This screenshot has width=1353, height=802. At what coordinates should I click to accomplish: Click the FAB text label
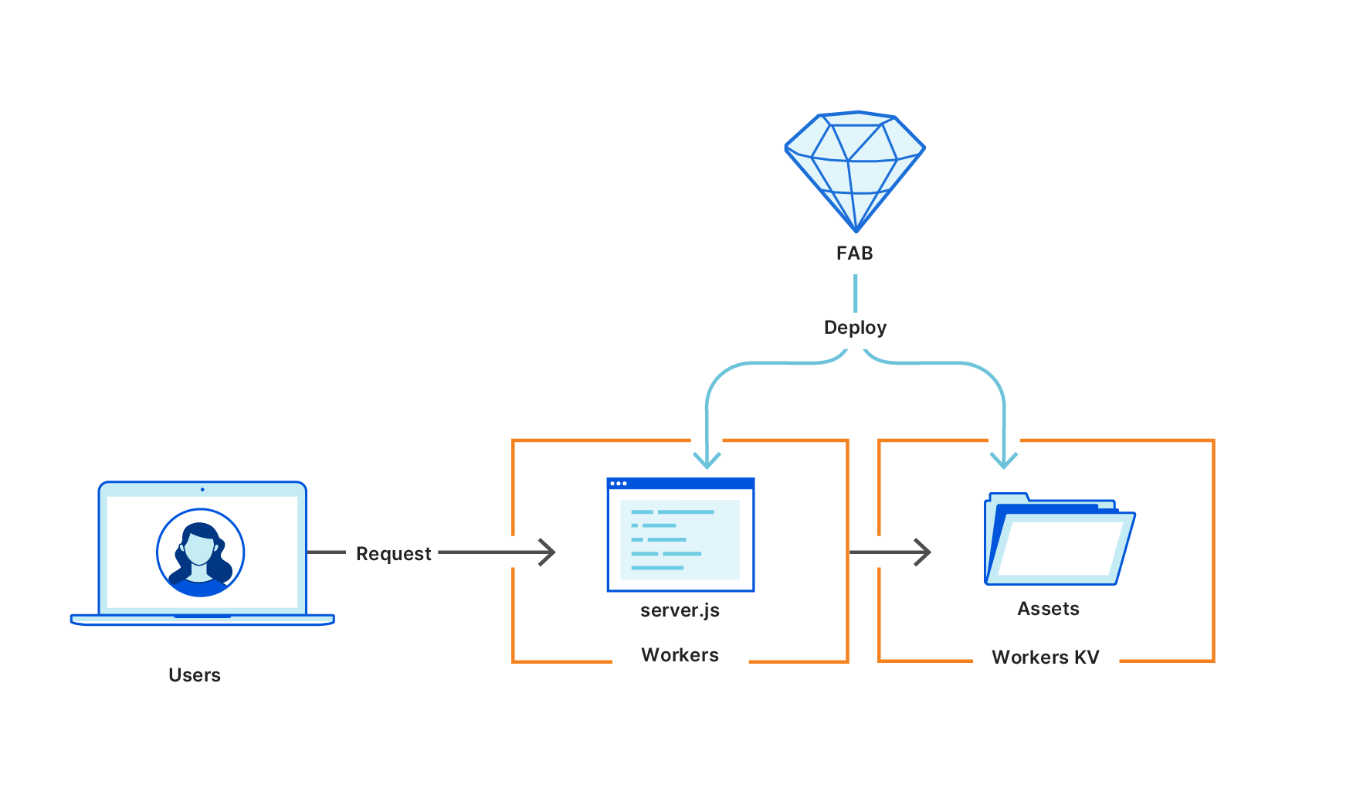(855, 253)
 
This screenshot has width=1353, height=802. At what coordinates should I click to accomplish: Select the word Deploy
(855, 328)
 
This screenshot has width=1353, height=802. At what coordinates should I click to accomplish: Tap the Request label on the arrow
(393, 554)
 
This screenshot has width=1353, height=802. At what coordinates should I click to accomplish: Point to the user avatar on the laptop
(201, 552)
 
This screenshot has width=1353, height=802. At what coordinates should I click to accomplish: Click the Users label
(195, 675)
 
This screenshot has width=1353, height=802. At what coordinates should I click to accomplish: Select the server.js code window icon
(680, 535)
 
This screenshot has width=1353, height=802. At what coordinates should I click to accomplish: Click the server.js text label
(680, 610)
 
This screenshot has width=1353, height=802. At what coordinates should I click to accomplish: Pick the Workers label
(680, 655)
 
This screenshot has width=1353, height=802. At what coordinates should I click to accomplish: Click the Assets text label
(1048, 609)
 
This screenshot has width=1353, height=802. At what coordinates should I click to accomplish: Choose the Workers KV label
(1045, 658)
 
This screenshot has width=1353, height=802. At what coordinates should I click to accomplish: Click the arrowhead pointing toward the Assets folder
(924, 552)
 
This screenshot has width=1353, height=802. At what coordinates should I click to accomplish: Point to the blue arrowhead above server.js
(707, 460)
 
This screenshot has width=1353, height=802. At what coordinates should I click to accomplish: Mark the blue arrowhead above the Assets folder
(1004, 460)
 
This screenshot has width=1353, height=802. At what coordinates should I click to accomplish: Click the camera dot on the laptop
(202, 489)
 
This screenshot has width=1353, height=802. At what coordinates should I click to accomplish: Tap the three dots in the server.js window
(619, 484)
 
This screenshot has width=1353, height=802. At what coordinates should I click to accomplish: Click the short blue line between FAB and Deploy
(855, 293)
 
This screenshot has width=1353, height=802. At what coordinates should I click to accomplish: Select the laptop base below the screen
(202, 620)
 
